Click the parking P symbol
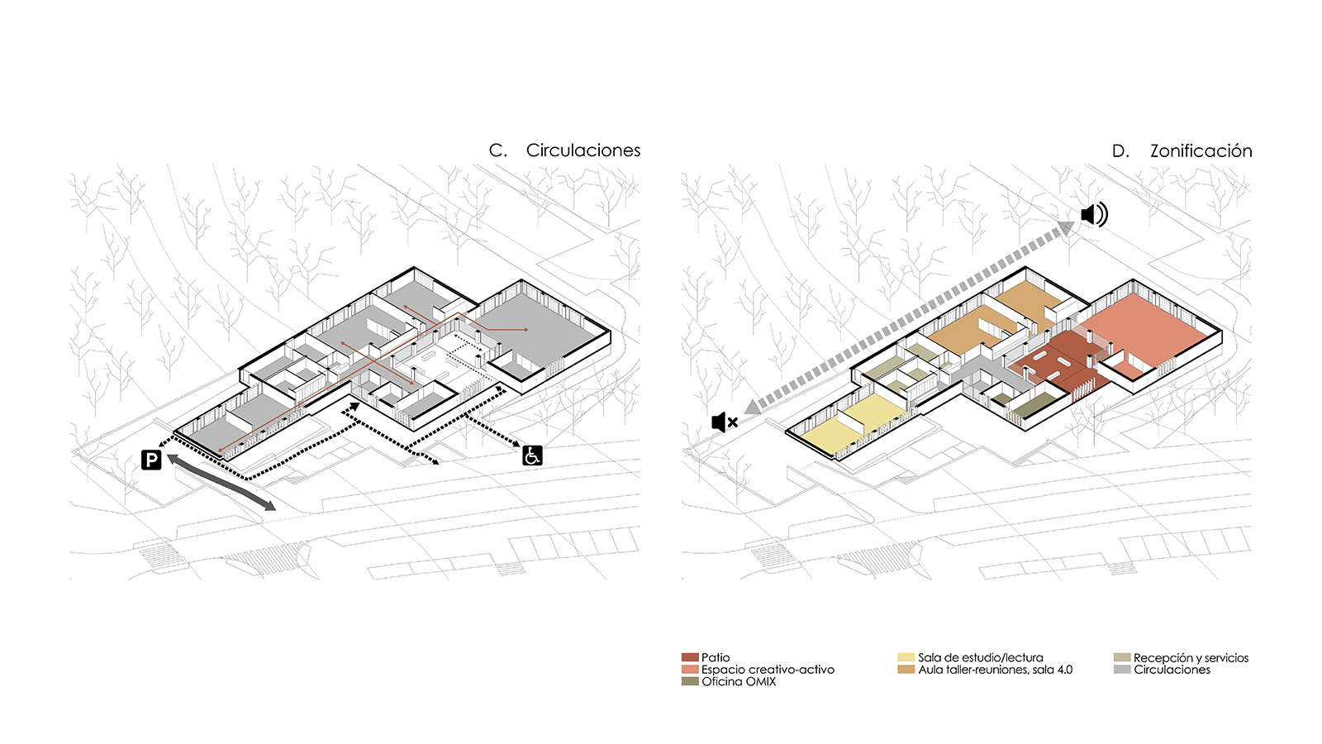[151, 460]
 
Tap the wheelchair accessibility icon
[532, 455]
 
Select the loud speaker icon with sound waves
[1094, 214]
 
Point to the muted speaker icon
[724, 422]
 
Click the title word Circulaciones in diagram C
[583, 150]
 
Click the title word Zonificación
[1201, 151]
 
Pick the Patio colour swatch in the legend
[690, 657]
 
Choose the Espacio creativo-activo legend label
[768, 670]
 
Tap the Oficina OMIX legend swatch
[690, 681]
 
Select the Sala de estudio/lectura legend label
[980, 657]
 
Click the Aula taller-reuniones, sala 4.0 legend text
[995, 670]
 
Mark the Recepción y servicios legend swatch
[1122, 657]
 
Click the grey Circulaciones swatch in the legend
[1122, 670]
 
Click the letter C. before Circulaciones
[497, 150]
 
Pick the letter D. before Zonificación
[1120, 151]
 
